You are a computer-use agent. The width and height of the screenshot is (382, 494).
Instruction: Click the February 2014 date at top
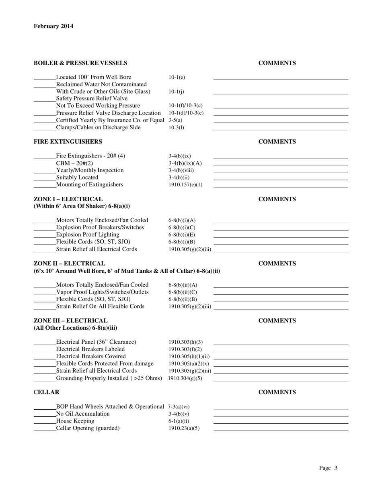(53, 27)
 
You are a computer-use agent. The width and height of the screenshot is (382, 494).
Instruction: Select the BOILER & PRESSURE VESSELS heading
(80, 63)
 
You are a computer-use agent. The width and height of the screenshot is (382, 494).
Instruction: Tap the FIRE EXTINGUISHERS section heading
(68, 142)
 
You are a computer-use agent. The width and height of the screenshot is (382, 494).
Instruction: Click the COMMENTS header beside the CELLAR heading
(277, 392)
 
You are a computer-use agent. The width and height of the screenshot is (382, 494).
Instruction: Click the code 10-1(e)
(177, 77)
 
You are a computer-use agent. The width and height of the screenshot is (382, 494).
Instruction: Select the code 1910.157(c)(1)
(185, 185)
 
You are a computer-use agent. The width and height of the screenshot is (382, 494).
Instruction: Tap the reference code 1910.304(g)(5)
(185, 378)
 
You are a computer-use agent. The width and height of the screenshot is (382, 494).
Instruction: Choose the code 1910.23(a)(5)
(184, 429)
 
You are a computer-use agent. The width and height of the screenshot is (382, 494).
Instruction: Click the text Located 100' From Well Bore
(93, 77)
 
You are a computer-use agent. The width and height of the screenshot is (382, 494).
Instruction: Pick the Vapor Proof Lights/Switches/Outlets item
(102, 292)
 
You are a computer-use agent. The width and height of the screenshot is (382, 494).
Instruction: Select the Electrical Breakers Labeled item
(90, 349)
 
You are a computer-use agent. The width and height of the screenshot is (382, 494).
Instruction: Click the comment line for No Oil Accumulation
(280, 416)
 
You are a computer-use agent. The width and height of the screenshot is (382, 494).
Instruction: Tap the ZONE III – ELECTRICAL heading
(71, 321)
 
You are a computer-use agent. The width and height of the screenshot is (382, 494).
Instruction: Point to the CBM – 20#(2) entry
(74, 163)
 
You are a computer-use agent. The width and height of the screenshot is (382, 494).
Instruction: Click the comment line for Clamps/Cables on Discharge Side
(280, 129)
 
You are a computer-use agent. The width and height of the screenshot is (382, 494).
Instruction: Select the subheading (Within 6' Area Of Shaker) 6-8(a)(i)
(82, 206)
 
